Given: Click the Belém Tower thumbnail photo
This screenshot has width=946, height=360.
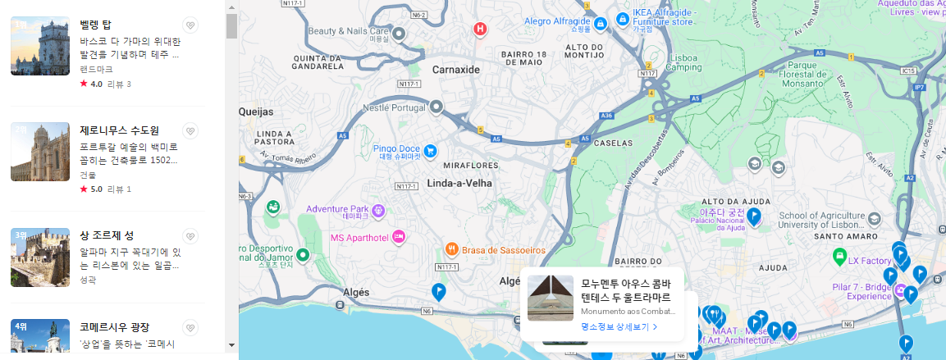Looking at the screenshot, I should coord(40,46).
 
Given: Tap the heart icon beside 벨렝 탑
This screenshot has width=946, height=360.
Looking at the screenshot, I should coord(190,25).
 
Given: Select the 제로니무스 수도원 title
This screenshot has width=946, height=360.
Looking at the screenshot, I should coord(120,130).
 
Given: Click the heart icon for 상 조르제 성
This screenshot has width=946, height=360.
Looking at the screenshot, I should coord(190,236).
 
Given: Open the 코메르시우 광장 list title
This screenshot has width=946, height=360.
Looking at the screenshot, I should coord(115,327).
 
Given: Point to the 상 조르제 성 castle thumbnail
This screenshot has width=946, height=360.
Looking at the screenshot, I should coord(40,257).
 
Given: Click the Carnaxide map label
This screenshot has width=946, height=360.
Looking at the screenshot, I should coord(455,70).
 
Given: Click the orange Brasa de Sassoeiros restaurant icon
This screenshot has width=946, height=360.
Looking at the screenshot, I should coord(451,248).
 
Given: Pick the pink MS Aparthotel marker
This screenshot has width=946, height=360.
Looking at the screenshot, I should coord(399,237).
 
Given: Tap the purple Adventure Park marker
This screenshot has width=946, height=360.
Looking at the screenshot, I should coord(378,211).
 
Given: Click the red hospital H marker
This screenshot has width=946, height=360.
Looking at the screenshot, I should coord(481,30).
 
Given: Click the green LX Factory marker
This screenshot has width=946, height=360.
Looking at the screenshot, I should coord(839,257).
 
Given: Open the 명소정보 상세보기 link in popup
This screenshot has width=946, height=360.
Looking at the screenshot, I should coord(619,326).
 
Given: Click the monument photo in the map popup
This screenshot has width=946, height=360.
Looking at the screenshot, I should coord(551,298).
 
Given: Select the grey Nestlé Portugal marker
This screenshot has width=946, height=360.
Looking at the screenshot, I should coord(436,106).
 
